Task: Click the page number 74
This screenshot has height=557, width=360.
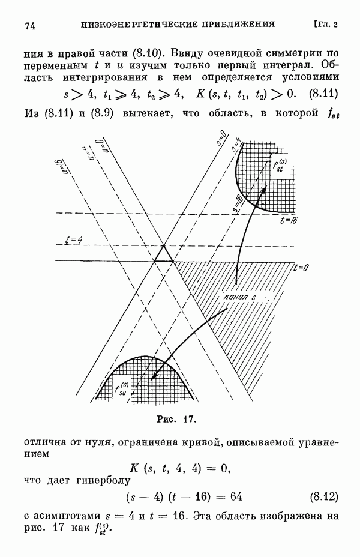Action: pyautogui.click(x=30, y=26)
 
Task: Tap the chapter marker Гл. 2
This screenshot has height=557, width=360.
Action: pyautogui.click(x=326, y=25)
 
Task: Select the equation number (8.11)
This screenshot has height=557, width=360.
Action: pyautogui.click(x=323, y=94)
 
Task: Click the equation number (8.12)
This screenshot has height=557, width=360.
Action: pyautogui.click(x=324, y=496)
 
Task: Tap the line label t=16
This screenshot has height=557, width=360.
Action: pyautogui.click(x=288, y=221)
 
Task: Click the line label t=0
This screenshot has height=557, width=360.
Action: pyautogui.click(x=301, y=268)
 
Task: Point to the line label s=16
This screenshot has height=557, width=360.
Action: pyautogui.click(x=238, y=203)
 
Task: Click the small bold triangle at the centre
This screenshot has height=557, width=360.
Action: pyautogui.click(x=163, y=254)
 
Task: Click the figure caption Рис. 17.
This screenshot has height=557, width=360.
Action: pyautogui.click(x=177, y=419)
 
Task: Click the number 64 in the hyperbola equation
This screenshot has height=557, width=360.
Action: pyautogui.click(x=236, y=496)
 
